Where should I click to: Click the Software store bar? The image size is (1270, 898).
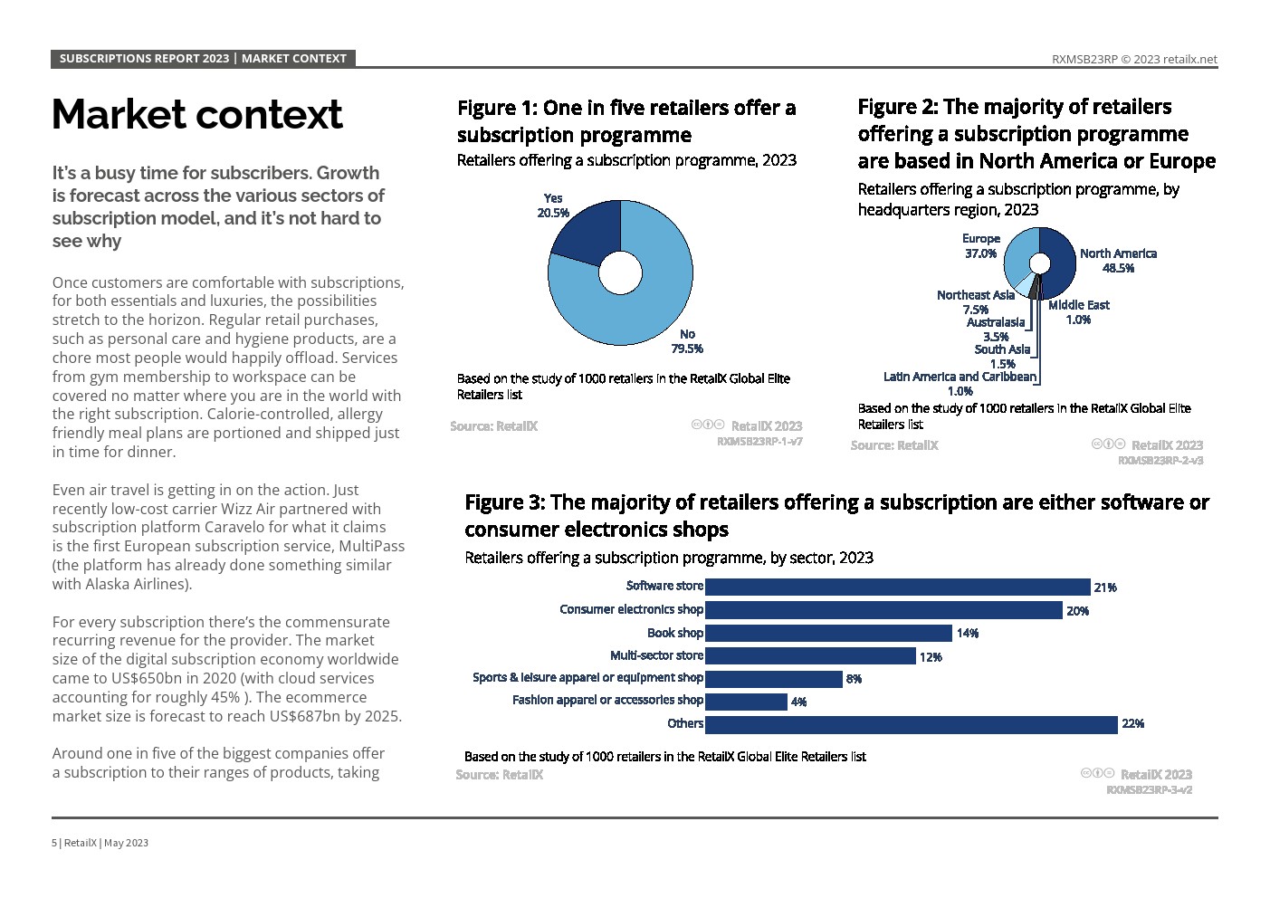pos(897,587)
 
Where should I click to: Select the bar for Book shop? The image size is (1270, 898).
pos(828,633)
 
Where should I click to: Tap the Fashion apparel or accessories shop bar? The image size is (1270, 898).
pos(746,702)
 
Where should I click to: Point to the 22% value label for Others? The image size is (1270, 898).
pos(1132,723)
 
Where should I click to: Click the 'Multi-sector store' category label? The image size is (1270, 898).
pos(656,655)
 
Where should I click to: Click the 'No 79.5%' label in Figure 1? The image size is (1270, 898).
pos(687,341)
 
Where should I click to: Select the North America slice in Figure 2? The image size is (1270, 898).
pos(1061,263)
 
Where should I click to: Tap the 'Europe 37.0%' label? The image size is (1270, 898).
pos(980,246)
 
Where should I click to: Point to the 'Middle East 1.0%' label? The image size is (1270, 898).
pos(1078,312)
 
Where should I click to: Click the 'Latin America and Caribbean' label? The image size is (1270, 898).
pos(960,377)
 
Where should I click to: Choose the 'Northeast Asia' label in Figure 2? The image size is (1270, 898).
pos(975,295)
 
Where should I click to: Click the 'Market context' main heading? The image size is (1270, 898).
pos(197,114)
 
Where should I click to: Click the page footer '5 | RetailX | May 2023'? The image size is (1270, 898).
pos(100,843)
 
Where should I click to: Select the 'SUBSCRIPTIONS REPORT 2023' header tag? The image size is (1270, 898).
pos(144,59)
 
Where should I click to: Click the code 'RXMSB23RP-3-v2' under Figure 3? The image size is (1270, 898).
pos(1149,789)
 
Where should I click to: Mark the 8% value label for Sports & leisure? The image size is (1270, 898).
pos(854,679)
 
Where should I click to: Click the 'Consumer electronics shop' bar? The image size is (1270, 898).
pos(883,610)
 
